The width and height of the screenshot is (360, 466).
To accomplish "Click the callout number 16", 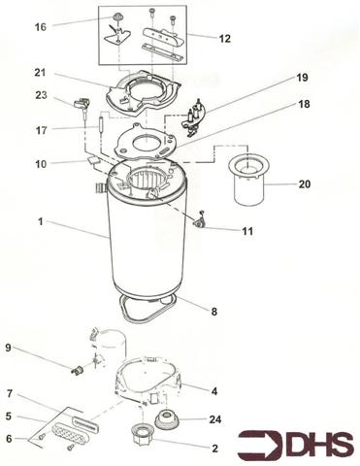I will pos(40,28).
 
